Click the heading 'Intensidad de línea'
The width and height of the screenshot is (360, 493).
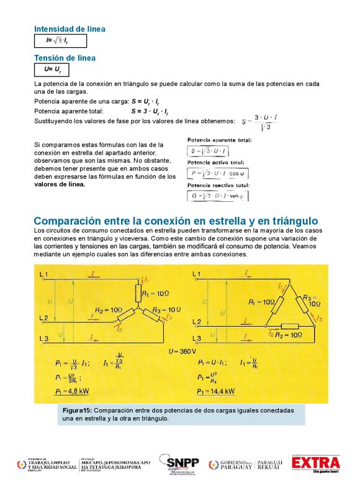(x=70, y=29)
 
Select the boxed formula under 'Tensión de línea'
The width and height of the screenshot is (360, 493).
(x=52, y=70)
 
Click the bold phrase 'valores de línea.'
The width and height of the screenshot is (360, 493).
(x=60, y=184)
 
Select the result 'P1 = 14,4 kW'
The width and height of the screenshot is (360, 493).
(x=216, y=391)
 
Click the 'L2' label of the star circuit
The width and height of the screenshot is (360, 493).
(x=43, y=319)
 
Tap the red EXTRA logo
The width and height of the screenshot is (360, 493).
(x=316, y=463)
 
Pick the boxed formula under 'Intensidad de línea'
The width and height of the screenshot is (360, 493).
(x=60, y=41)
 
